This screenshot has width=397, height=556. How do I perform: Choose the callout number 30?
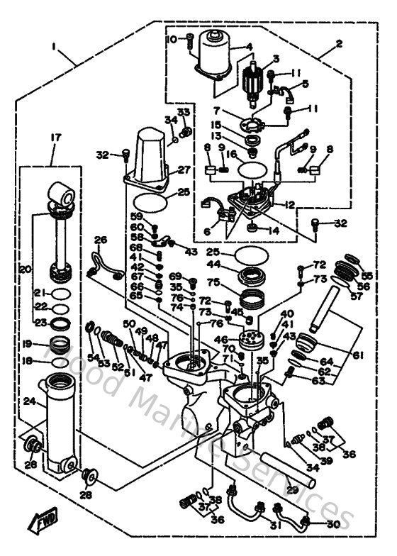point(333,526)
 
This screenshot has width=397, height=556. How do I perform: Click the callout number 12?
point(309,205)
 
